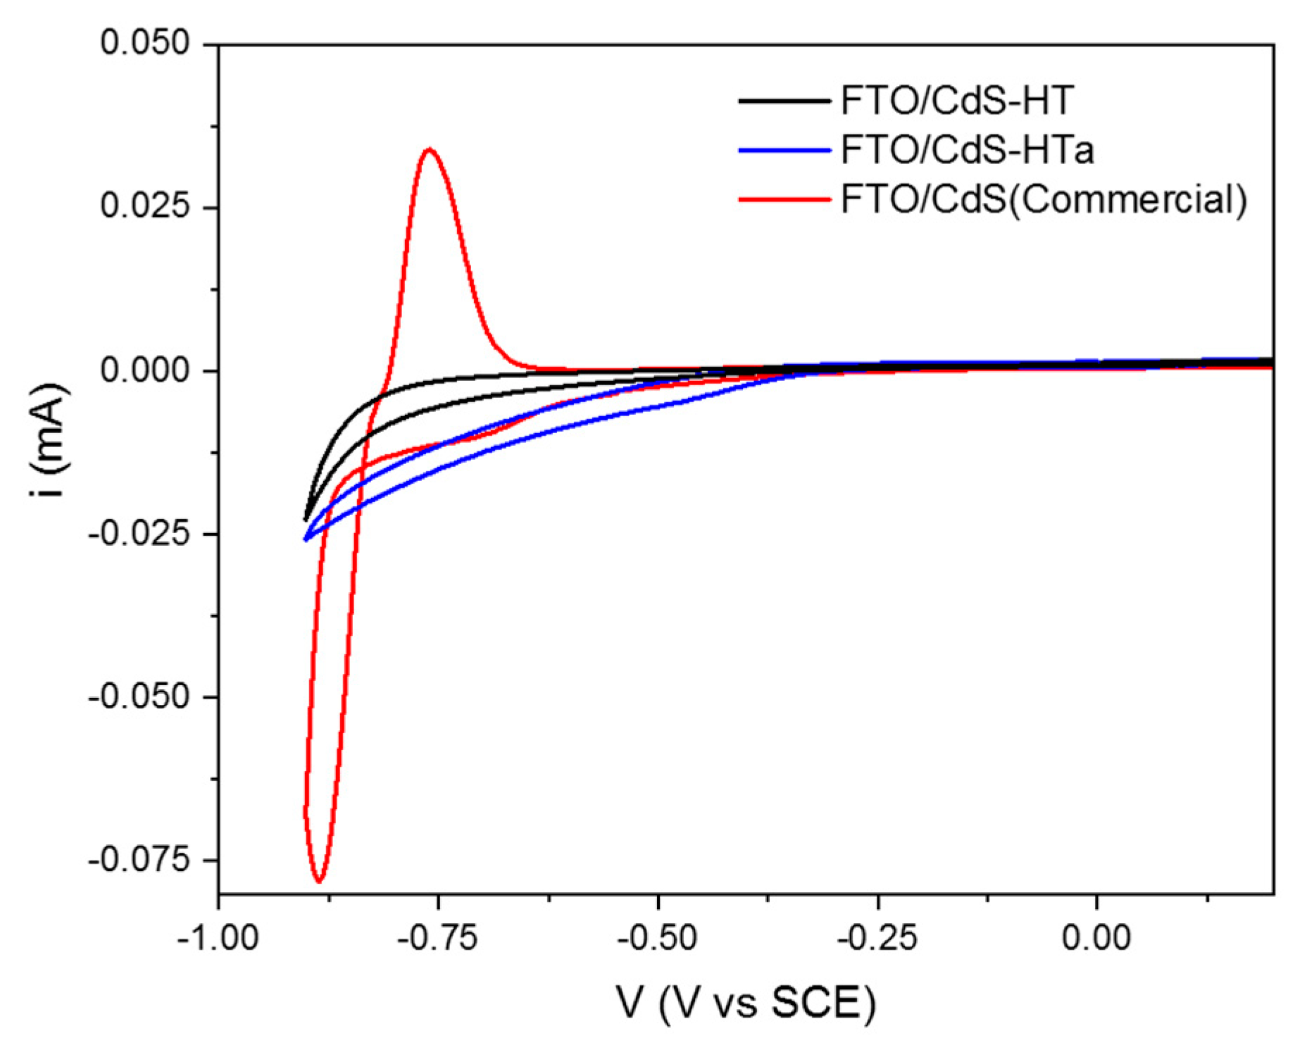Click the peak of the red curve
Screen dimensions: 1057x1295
tap(429, 149)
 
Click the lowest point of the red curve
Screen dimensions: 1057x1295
tap(320, 880)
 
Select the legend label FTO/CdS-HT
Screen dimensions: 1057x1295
tap(957, 101)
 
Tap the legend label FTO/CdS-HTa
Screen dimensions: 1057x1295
tap(967, 150)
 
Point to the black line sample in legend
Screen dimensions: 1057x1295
tap(784, 101)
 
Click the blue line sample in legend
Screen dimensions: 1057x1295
tap(784, 151)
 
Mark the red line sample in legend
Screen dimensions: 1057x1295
tap(784, 200)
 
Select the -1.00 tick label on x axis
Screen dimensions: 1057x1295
tap(218, 938)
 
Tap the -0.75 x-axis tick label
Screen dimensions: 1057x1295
tap(437, 938)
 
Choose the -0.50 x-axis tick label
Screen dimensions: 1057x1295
tap(657, 938)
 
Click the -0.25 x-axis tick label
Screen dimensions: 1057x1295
tap(877, 938)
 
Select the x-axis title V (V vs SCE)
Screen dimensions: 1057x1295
tap(746, 1002)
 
